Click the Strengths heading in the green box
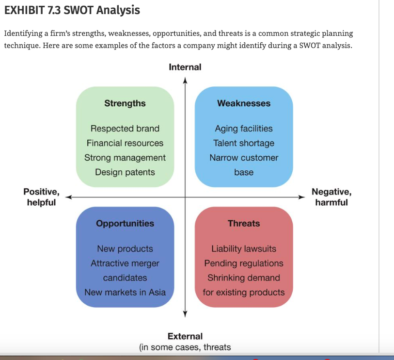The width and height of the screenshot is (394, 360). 125,103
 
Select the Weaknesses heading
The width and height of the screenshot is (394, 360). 244,103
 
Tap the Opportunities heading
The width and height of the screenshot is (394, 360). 125,224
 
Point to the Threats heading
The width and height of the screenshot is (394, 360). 244,223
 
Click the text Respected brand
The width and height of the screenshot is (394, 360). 125,129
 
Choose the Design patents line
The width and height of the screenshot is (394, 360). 125,172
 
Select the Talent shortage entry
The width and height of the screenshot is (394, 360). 244,143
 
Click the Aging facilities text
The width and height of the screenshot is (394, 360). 244,129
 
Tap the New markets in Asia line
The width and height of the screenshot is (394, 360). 125,293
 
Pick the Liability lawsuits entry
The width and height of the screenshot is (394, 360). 244,249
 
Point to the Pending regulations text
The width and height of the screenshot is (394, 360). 244,263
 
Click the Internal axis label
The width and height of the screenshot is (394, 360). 185,67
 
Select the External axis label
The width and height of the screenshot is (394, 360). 185,336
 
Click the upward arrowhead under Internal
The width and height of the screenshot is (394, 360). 185,80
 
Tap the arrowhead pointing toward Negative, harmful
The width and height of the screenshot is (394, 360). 302,197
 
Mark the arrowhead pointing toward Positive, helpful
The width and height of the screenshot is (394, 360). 68,197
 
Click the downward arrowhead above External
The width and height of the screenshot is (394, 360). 185,314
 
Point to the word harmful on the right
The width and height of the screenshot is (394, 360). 331,202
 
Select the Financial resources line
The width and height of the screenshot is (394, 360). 125,143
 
